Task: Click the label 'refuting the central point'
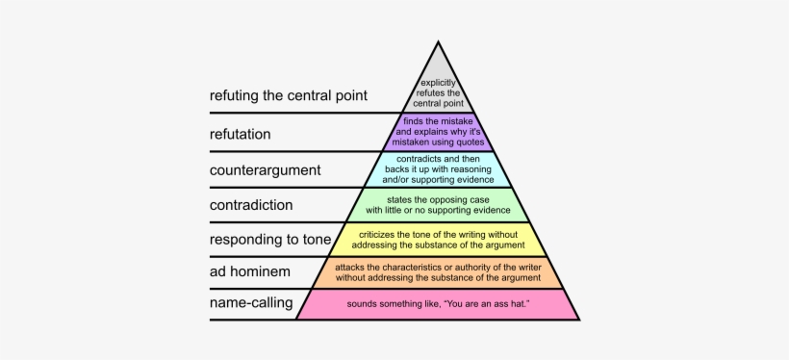pyautogui.click(x=289, y=96)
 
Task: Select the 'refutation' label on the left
pyautogui.click(x=240, y=134)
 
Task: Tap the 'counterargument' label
pyautogui.click(x=265, y=169)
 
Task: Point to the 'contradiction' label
pyautogui.click(x=251, y=204)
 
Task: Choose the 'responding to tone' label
pyautogui.click(x=270, y=240)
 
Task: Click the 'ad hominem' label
pyautogui.click(x=248, y=272)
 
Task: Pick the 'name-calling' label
pyautogui.click(x=251, y=304)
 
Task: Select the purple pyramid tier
pyautogui.click(x=438, y=132)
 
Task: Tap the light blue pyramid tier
pyautogui.click(x=438, y=167)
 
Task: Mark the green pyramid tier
pyautogui.click(x=438, y=203)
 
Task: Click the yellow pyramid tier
pyautogui.click(x=438, y=239)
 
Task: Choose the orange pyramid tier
pyautogui.click(x=438, y=272)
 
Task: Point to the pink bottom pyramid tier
pyautogui.click(x=438, y=304)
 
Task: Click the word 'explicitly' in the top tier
pyautogui.click(x=438, y=83)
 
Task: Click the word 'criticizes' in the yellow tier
pyautogui.click(x=380, y=233)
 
